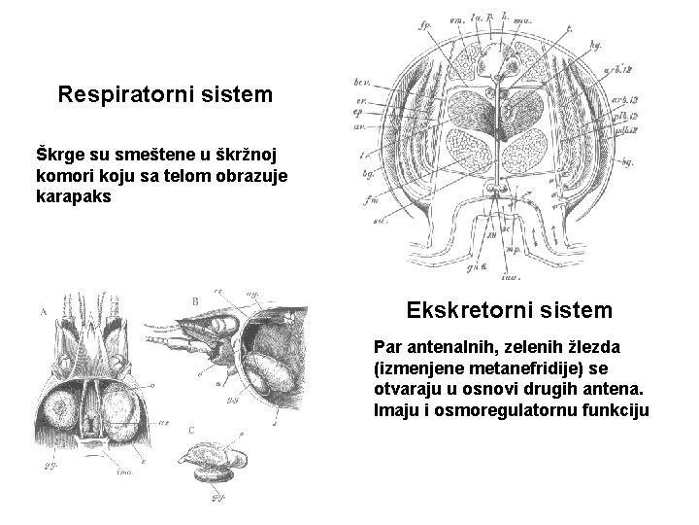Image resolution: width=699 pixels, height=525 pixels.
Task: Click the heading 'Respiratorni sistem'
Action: pyautogui.click(x=165, y=95)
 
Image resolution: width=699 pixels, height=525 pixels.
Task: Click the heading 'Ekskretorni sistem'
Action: pyautogui.click(x=510, y=310)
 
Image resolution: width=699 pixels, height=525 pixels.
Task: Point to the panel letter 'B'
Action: pyautogui.click(x=195, y=301)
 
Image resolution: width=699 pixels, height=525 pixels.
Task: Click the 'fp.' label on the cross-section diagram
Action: pyautogui.click(x=425, y=25)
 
